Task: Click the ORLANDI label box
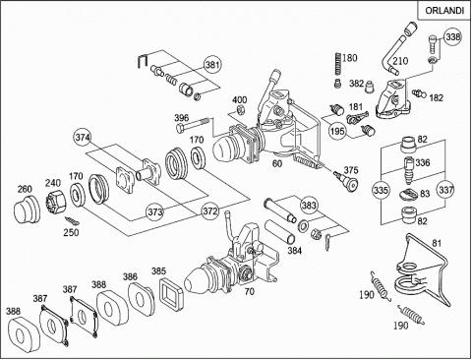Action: point(444,10)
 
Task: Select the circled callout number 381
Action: point(212,65)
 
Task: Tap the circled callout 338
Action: point(452,37)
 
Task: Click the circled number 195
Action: point(338,131)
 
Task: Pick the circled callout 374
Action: point(83,137)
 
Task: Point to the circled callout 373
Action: point(154,211)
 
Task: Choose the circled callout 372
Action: point(209,210)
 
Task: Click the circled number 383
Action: point(309,206)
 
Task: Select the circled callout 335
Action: point(382,190)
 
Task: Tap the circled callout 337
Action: point(445,190)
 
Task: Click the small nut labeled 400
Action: point(241,110)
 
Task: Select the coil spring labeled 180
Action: point(337,65)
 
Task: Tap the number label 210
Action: point(400,61)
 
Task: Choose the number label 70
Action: point(250,291)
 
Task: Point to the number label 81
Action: point(437,243)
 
